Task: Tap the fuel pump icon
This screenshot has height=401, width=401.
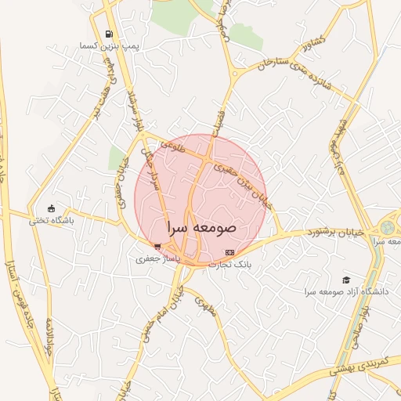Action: tap(108, 34)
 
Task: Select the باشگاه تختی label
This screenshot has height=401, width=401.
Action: tap(52, 221)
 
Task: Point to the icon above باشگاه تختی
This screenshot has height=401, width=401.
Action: tap(52, 208)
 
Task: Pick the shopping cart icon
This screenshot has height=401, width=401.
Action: tap(158, 247)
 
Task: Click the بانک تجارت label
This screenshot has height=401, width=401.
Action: tap(229, 265)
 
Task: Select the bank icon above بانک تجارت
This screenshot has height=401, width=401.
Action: tap(229, 253)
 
